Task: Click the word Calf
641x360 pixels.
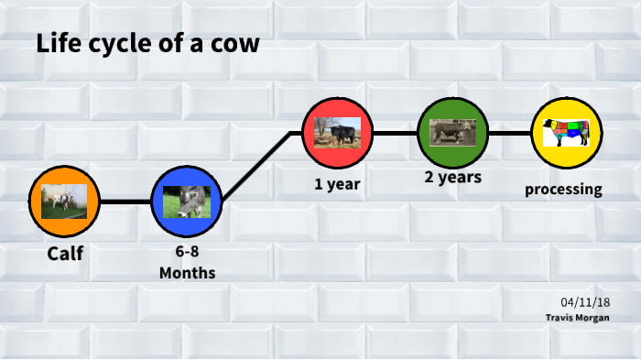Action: (x=65, y=253)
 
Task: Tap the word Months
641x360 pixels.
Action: (x=187, y=273)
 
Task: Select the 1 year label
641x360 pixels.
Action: (x=337, y=184)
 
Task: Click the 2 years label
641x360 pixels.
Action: (x=452, y=177)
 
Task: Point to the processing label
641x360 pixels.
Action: (x=563, y=191)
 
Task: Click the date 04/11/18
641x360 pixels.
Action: (x=586, y=302)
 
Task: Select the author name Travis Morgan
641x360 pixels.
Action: (x=578, y=317)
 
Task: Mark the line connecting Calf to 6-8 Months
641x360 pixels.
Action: (x=125, y=202)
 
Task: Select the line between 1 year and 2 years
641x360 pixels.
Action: (x=395, y=133)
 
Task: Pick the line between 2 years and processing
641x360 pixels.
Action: (x=510, y=133)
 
